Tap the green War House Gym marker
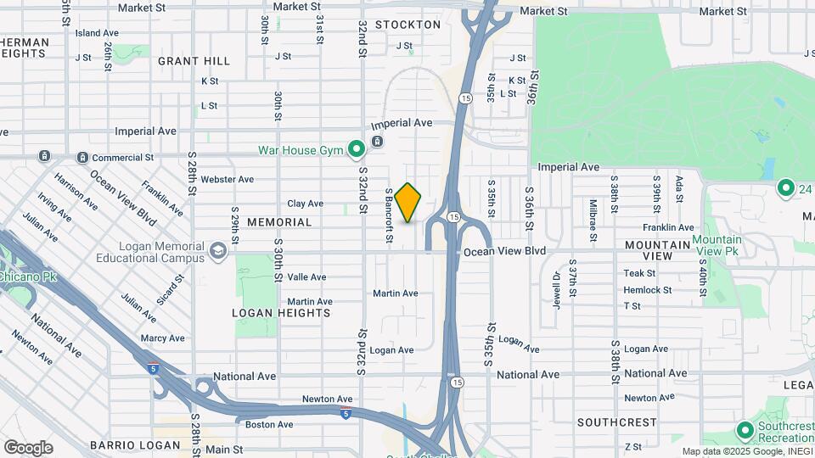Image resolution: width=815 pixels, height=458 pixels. pyautogui.click(x=357, y=150)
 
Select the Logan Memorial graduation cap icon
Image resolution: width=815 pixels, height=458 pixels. pyautogui.click(x=219, y=249)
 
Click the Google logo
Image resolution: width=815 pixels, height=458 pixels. pyautogui.click(x=28, y=447)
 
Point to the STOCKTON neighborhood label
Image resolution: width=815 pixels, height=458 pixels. pyautogui.click(x=407, y=25)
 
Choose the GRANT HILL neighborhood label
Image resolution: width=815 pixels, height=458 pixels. pyautogui.click(x=194, y=61)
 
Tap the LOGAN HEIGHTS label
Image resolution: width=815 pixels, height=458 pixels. pyautogui.click(x=281, y=313)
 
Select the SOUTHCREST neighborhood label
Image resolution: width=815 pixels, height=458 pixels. pyautogui.click(x=615, y=422)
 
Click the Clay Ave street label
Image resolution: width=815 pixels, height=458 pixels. pyautogui.click(x=305, y=204)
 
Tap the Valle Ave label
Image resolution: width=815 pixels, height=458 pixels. pyautogui.click(x=306, y=277)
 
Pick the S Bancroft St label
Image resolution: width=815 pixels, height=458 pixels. pyautogui.click(x=389, y=216)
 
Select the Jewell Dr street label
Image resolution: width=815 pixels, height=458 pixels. pyautogui.click(x=557, y=289)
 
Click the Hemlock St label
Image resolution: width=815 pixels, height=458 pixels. pyautogui.click(x=647, y=290)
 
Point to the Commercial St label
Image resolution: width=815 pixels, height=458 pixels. pyautogui.click(x=122, y=158)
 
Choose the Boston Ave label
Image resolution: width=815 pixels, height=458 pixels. pyautogui.click(x=269, y=424)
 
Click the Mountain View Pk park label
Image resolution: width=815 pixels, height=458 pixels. pyautogui.click(x=717, y=246)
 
